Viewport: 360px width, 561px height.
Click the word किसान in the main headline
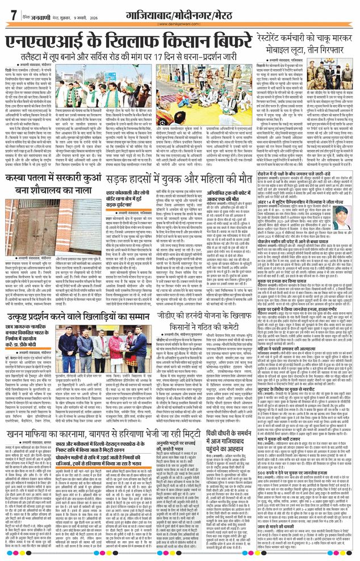[161, 43]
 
